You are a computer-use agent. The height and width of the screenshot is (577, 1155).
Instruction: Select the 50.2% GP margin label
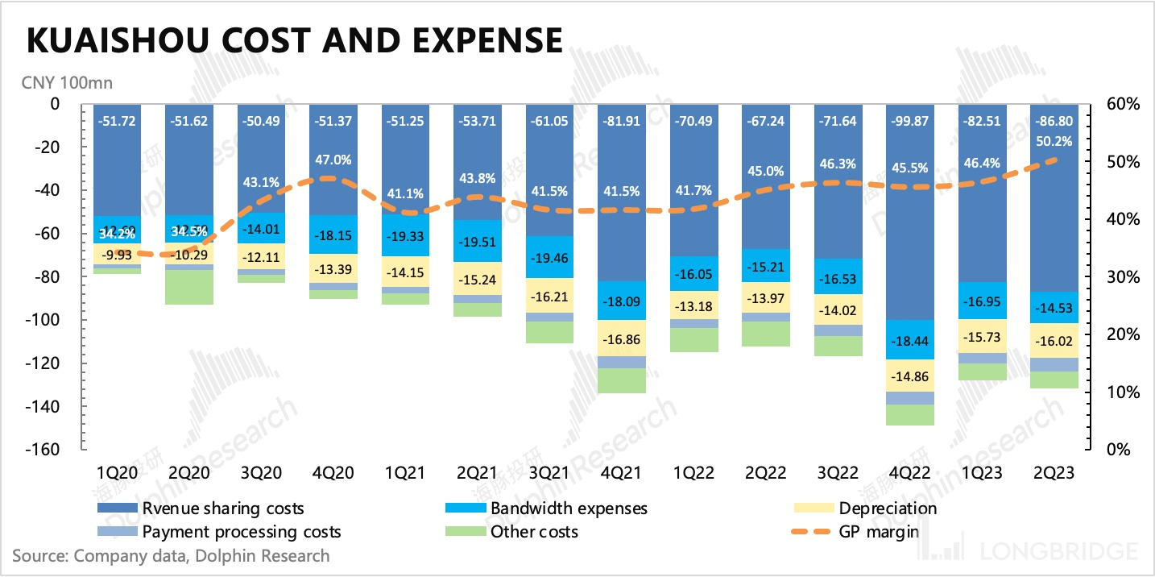point(1054,143)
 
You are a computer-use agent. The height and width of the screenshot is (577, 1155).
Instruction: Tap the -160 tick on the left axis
point(43,450)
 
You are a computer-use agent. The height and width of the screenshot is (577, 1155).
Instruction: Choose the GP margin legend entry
point(877,532)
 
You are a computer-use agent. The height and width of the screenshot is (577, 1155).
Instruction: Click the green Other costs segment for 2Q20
point(188,287)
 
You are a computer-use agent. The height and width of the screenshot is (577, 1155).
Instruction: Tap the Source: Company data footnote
point(171,555)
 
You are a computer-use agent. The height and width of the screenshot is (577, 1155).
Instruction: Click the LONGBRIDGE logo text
point(1059,551)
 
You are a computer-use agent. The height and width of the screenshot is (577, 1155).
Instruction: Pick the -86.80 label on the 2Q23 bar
point(1054,122)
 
